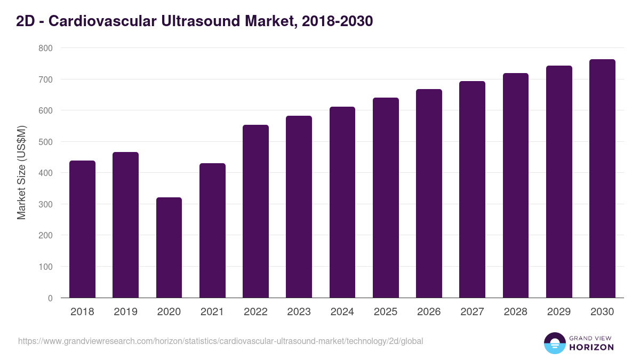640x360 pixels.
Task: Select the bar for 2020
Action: coord(169,247)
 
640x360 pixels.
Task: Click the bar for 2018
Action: coord(82,229)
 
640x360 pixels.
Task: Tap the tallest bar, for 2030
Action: coord(602,179)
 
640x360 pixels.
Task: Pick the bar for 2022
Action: coord(255,211)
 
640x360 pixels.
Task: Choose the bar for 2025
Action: coord(386,198)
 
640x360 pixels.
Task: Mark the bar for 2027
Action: coord(472,189)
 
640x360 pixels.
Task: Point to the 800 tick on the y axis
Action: coord(45,48)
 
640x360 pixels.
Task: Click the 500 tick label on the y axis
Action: coord(45,142)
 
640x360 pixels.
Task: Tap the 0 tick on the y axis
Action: coord(50,298)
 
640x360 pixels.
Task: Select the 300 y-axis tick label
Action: coord(45,204)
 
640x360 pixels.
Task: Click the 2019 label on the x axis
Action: coord(125,312)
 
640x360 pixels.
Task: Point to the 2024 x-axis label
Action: coord(342,312)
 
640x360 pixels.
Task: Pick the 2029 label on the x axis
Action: coord(559,312)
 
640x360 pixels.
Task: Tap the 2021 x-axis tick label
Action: coord(212,312)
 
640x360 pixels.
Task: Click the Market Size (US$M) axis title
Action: coord(21,173)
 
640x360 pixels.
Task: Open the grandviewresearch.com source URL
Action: coord(220,341)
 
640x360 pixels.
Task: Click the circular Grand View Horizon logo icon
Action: coord(554,343)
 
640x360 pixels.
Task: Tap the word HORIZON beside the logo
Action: coord(591,347)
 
